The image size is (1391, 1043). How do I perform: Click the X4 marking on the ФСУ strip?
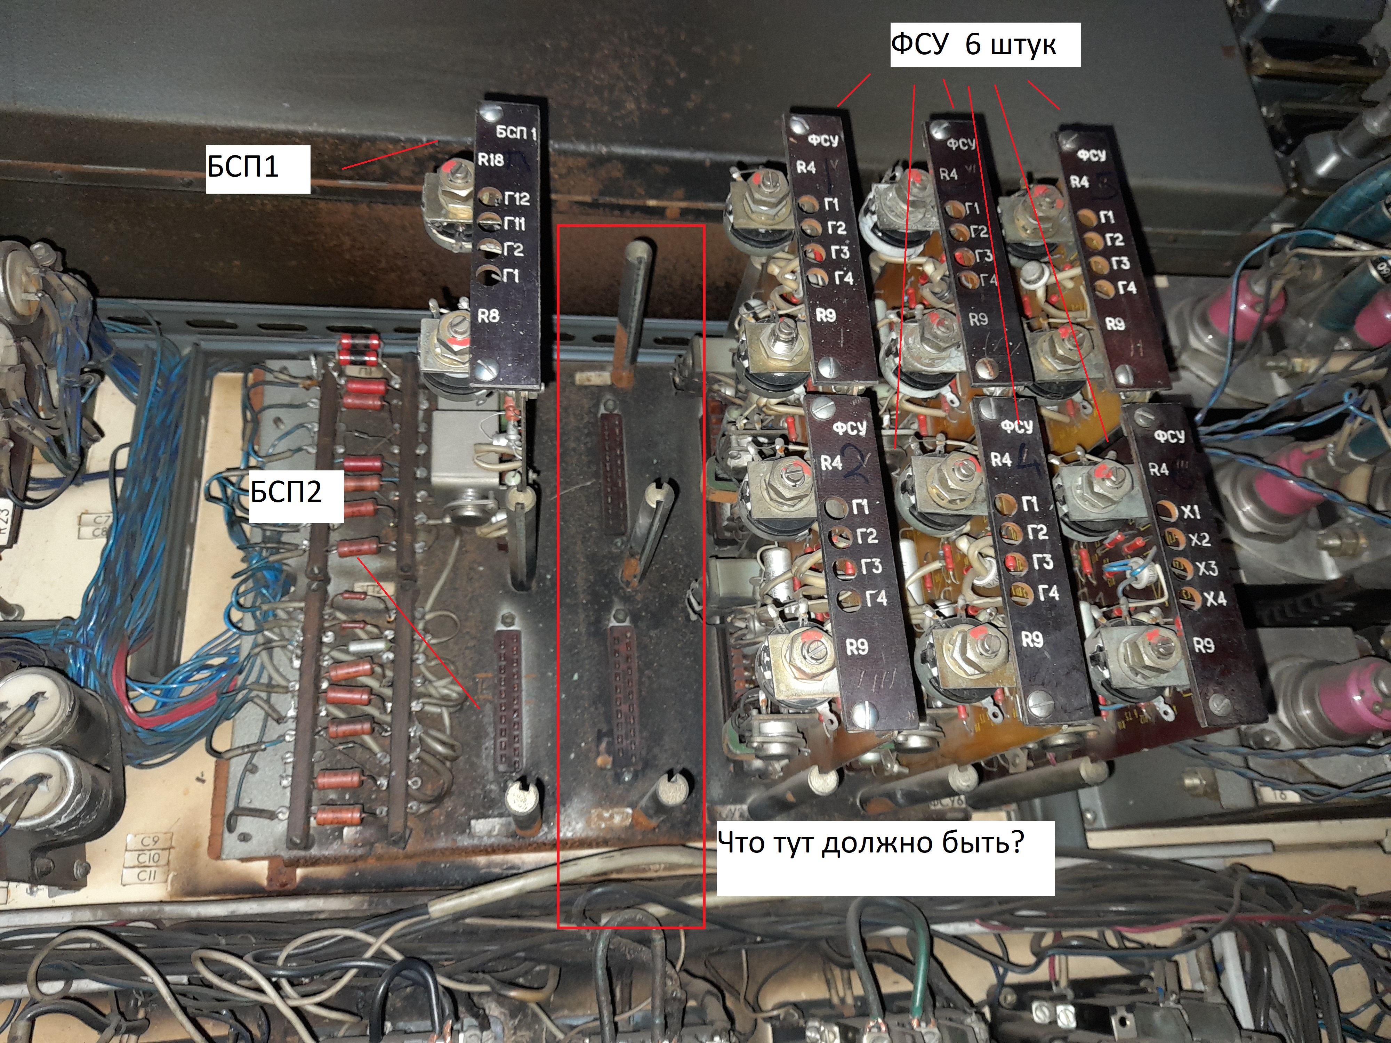(x=1215, y=599)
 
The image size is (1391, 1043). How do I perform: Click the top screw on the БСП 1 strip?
(x=489, y=113)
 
